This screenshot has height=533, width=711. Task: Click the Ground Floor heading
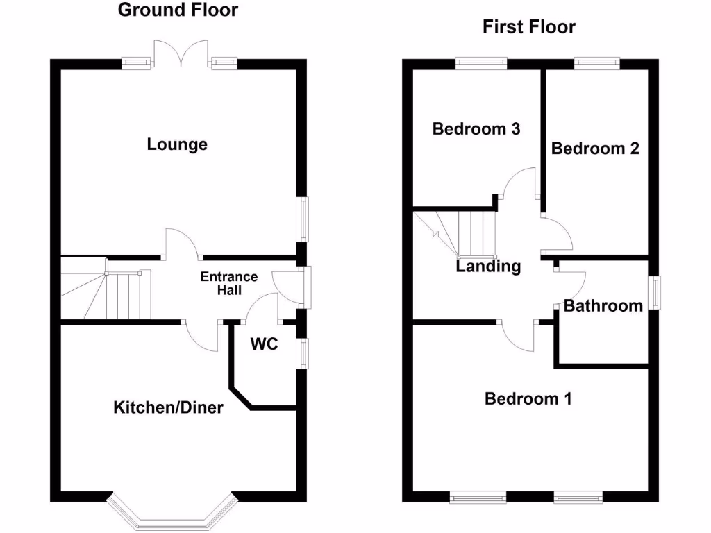pos(178,10)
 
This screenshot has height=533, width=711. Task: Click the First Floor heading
pos(529,27)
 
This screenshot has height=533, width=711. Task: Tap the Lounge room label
pos(177,144)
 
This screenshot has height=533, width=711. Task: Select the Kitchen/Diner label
pos(169,407)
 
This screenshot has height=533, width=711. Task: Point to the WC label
pos(265,344)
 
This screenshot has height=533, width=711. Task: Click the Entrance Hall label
pos(229,283)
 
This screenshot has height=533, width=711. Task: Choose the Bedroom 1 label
pos(528,398)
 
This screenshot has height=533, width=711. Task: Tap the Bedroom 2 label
pos(595,149)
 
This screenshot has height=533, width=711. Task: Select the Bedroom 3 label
pos(476,129)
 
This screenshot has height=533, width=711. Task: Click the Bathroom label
pos(603,305)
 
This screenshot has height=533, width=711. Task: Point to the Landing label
pos(488,266)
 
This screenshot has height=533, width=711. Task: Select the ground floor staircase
pos(106,289)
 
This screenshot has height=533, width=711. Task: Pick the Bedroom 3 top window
pos(481,64)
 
